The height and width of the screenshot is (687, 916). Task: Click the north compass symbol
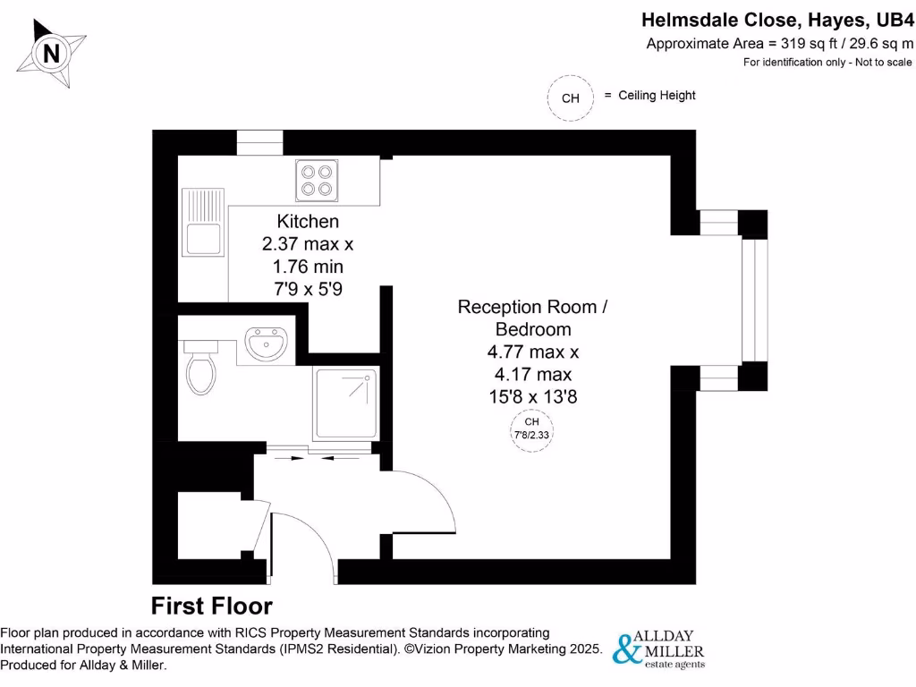[x=53, y=55]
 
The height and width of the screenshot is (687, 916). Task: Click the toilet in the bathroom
[x=200, y=369]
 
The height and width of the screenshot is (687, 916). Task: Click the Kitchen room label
[x=308, y=221]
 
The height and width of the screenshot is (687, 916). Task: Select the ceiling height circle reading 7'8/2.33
[x=531, y=428]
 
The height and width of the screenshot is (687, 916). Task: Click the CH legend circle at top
[x=570, y=98]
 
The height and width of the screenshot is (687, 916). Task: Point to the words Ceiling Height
[x=657, y=95]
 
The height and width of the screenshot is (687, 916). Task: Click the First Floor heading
[x=211, y=606]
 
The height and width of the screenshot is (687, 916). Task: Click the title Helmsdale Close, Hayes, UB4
[x=778, y=20]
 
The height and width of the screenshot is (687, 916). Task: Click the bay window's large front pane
[x=754, y=300]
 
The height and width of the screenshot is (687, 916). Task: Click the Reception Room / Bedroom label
[x=532, y=318]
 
